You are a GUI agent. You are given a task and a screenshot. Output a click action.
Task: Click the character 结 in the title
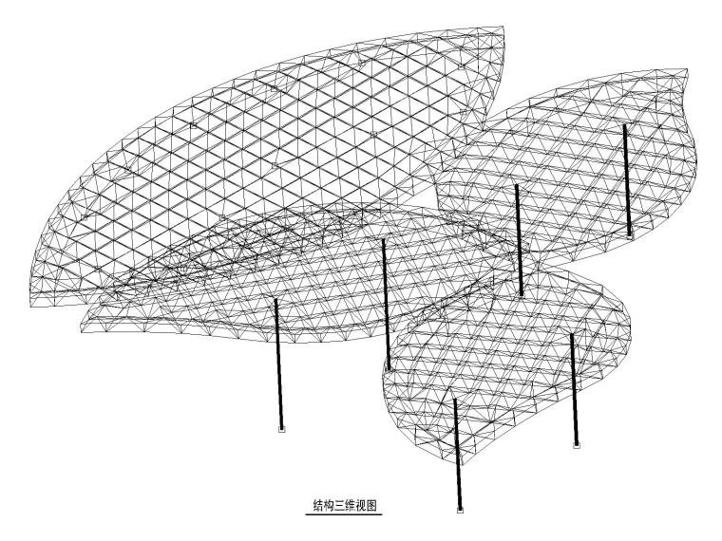pos(318,506)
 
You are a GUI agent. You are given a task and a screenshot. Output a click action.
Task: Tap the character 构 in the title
pos(330,506)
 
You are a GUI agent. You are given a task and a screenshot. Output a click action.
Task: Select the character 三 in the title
pos(341,506)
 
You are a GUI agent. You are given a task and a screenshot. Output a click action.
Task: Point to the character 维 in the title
pos(352,506)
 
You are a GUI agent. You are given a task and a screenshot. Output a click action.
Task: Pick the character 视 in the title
pos(364,506)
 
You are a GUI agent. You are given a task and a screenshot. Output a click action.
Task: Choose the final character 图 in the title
pos(375,506)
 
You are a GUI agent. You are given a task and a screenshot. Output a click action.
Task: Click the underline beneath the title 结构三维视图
pos(347,515)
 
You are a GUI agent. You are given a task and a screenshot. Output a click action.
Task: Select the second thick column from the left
pos(386,304)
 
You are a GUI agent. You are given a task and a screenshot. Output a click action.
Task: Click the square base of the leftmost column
pos(281,430)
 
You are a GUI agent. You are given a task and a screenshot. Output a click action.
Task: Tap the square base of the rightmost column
pos(630,233)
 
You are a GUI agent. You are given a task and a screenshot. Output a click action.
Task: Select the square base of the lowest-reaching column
pos(461,511)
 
